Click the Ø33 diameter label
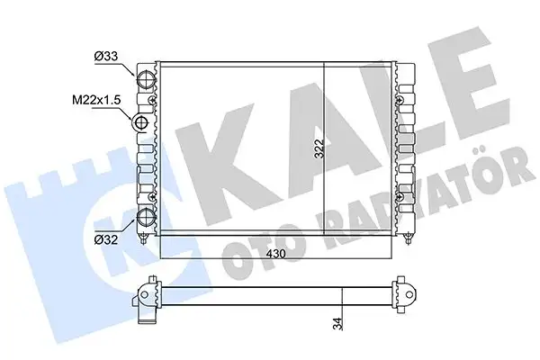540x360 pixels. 107,56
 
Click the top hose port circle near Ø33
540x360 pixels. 144,78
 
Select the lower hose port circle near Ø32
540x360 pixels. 144,217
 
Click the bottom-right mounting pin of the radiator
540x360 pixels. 410,238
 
